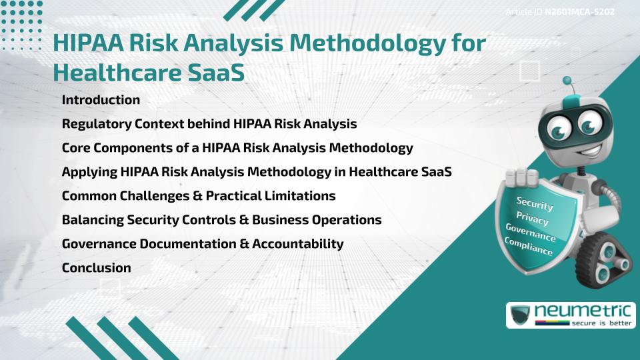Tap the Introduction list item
coord(101,100)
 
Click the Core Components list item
coord(237,148)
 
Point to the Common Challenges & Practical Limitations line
coord(199,196)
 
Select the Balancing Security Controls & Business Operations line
coord(221,220)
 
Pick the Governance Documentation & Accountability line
coord(203,244)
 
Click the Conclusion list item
coord(96,268)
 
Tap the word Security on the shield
coord(535,204)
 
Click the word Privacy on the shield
coord(532,219)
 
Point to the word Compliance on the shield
coord(529,247)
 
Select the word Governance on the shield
coord(531,233)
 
